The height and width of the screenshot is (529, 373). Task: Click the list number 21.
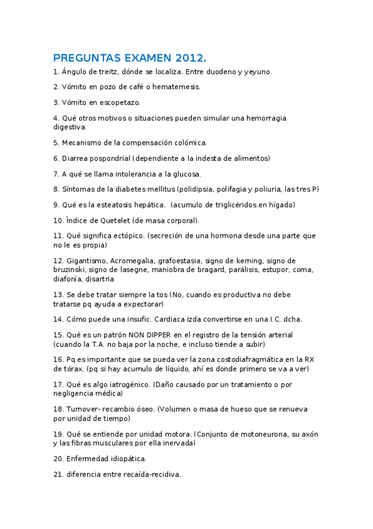[x=58, y=474]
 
